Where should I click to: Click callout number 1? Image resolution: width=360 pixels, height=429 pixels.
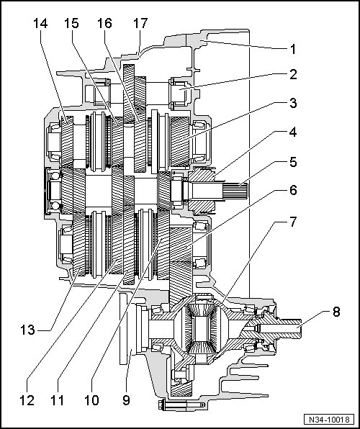pos(293,50)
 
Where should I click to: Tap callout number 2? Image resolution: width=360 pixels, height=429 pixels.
pos(293,74)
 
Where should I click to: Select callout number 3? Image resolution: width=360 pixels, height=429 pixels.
pos(293,103)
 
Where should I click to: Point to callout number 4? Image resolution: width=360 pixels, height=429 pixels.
pos(293,132)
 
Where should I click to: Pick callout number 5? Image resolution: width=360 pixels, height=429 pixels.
pos(293,162)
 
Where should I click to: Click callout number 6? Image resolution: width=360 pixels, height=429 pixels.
pos(293,190)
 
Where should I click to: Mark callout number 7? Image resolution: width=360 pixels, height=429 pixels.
pos(293,222)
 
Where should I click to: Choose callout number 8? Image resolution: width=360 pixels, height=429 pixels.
pos(336,312)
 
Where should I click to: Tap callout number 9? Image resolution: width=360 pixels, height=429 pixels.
pos(126,400)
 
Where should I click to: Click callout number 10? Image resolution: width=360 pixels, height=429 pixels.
pos(91,400)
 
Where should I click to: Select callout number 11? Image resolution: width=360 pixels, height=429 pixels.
pos(58,400)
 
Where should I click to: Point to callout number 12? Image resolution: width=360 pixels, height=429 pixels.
pos(27,400)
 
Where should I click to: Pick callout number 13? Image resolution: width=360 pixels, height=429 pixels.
pos(27,330)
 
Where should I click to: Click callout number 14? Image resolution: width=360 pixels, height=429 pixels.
pos(40,24)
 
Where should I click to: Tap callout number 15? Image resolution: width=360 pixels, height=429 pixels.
pos(71,24)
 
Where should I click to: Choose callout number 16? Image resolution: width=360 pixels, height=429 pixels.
pos(104,24)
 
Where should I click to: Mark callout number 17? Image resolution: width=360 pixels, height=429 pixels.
pos(140,24)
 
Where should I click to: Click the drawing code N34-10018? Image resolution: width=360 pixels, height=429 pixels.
pos(329,420)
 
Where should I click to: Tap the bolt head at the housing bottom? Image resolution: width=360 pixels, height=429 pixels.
pos(161,405)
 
